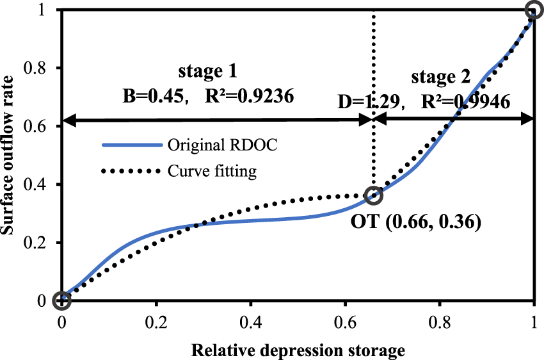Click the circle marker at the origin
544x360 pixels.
[x=61, y=300]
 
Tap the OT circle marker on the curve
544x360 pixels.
[x=373, y=195]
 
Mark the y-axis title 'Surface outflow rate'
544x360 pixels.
[x=12, y=154]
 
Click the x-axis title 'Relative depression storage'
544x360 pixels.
[x=298, y=350]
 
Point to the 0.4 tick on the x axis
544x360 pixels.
[x=251, y=320]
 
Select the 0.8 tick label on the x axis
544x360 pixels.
[x=440, y=320]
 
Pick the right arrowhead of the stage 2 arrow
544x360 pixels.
[x=528, y=119]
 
